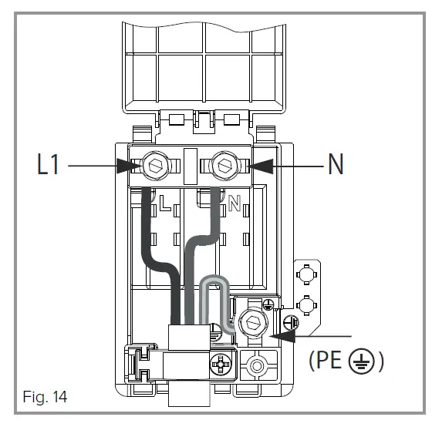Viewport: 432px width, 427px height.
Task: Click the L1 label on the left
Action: pos(48,166)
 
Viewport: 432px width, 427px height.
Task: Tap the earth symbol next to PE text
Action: pos(363,361)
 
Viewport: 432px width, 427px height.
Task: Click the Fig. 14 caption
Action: pos(44,398)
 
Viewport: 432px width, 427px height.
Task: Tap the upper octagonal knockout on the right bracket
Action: pos(306,274)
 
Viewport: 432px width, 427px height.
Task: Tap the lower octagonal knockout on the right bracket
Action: pos(306,304)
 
